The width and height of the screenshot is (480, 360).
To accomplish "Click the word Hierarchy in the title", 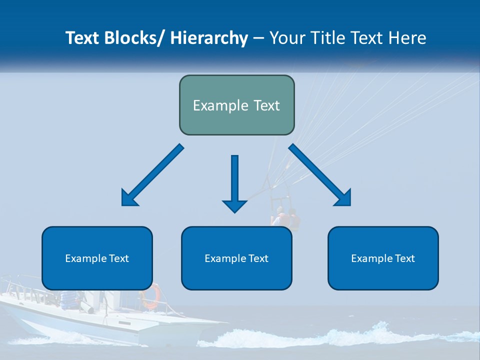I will click(x=209, y=38).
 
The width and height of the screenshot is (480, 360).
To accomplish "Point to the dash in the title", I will click(x=258, y=38).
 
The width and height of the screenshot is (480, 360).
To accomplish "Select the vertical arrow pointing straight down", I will click(x=234, y=182).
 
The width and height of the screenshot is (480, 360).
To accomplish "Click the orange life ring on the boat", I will click(x=150, y=296).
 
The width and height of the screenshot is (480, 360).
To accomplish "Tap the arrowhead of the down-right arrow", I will click(x=343, y=198).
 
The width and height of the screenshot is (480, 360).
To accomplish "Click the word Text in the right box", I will click(x=405, y=258).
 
